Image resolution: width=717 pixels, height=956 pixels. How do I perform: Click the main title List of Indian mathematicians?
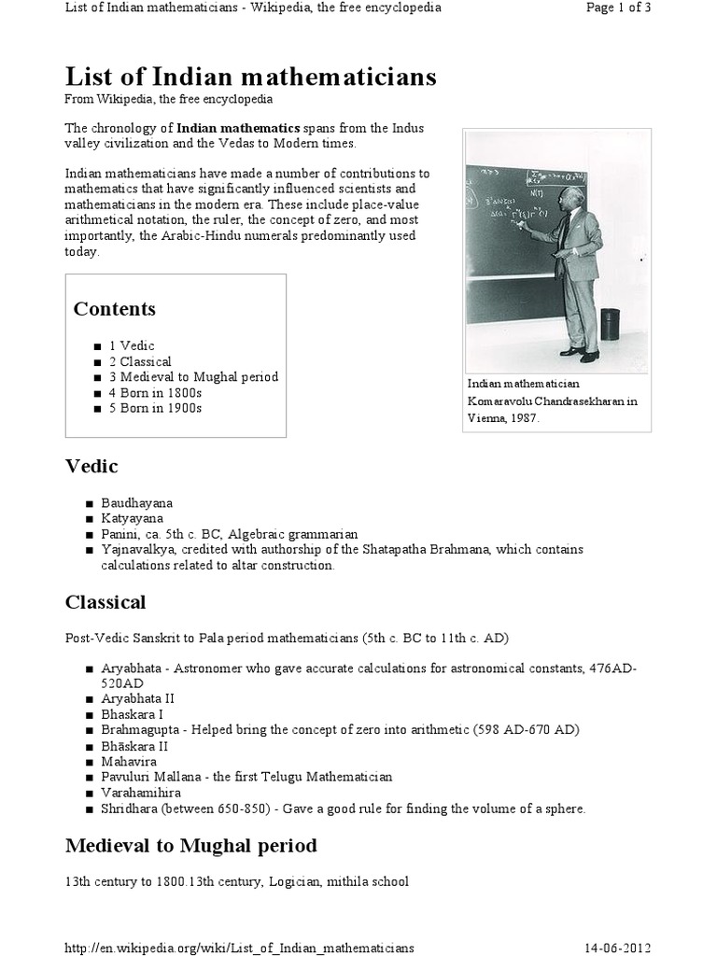250,77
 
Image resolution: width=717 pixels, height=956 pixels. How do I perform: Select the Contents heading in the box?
114,309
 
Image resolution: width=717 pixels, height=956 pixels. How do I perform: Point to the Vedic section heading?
91,466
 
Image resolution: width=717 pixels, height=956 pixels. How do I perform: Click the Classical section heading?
105,602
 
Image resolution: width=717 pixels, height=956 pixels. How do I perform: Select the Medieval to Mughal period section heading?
190,846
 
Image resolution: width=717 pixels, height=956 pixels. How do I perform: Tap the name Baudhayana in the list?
137,503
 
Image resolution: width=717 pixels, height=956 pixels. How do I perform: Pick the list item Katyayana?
132,518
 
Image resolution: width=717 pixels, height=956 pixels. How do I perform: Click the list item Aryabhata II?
137,698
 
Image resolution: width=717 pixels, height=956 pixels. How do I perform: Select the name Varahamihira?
141,793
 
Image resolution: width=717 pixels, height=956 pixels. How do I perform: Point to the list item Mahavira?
130,762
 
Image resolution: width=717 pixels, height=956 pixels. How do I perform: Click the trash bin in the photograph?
610,324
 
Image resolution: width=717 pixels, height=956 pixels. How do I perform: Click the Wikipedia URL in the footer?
239,948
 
